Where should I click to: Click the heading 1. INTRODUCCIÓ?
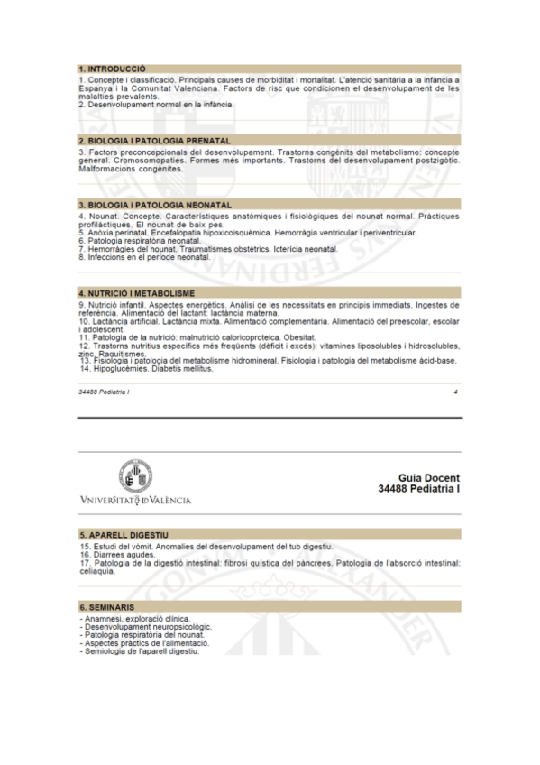(113, 69)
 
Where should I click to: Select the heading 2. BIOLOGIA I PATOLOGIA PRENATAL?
(154, 141)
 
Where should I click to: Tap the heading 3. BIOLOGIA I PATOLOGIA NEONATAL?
(155, 206)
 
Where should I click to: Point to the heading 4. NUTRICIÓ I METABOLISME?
(136, 294)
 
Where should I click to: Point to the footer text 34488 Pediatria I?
(105, 392)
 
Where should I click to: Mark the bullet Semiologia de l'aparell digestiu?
(140, 651)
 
